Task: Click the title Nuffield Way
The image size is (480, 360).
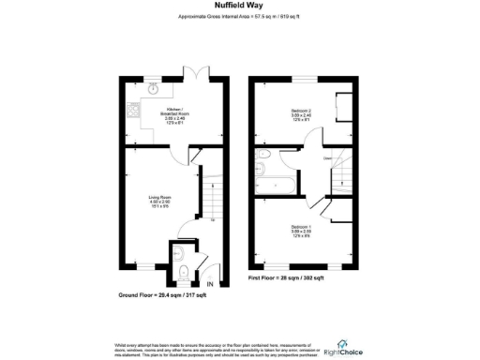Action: [238, 7]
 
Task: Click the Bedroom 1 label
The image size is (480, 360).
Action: [300, 230]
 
